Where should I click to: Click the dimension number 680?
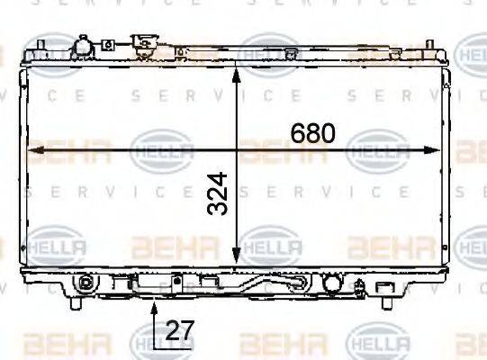(x=312, y=133)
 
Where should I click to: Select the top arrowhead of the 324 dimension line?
(x=236, y=70)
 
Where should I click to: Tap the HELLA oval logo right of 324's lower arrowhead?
(x=266, y=244)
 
